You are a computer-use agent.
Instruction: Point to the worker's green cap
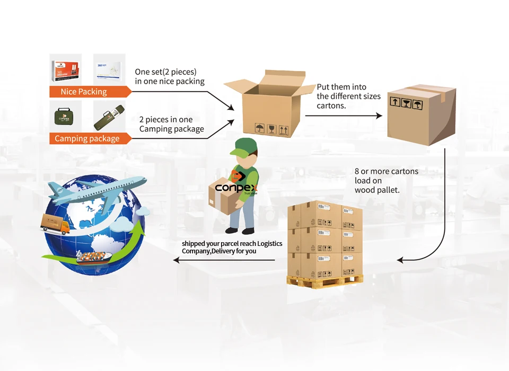coord(245,147)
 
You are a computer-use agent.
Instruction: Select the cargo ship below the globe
coord(93,257)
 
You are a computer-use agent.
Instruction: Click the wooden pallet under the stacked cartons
coord(325,280)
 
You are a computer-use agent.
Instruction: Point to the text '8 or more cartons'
coord(387,171)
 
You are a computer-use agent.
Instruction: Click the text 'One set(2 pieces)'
coord(165,72)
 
